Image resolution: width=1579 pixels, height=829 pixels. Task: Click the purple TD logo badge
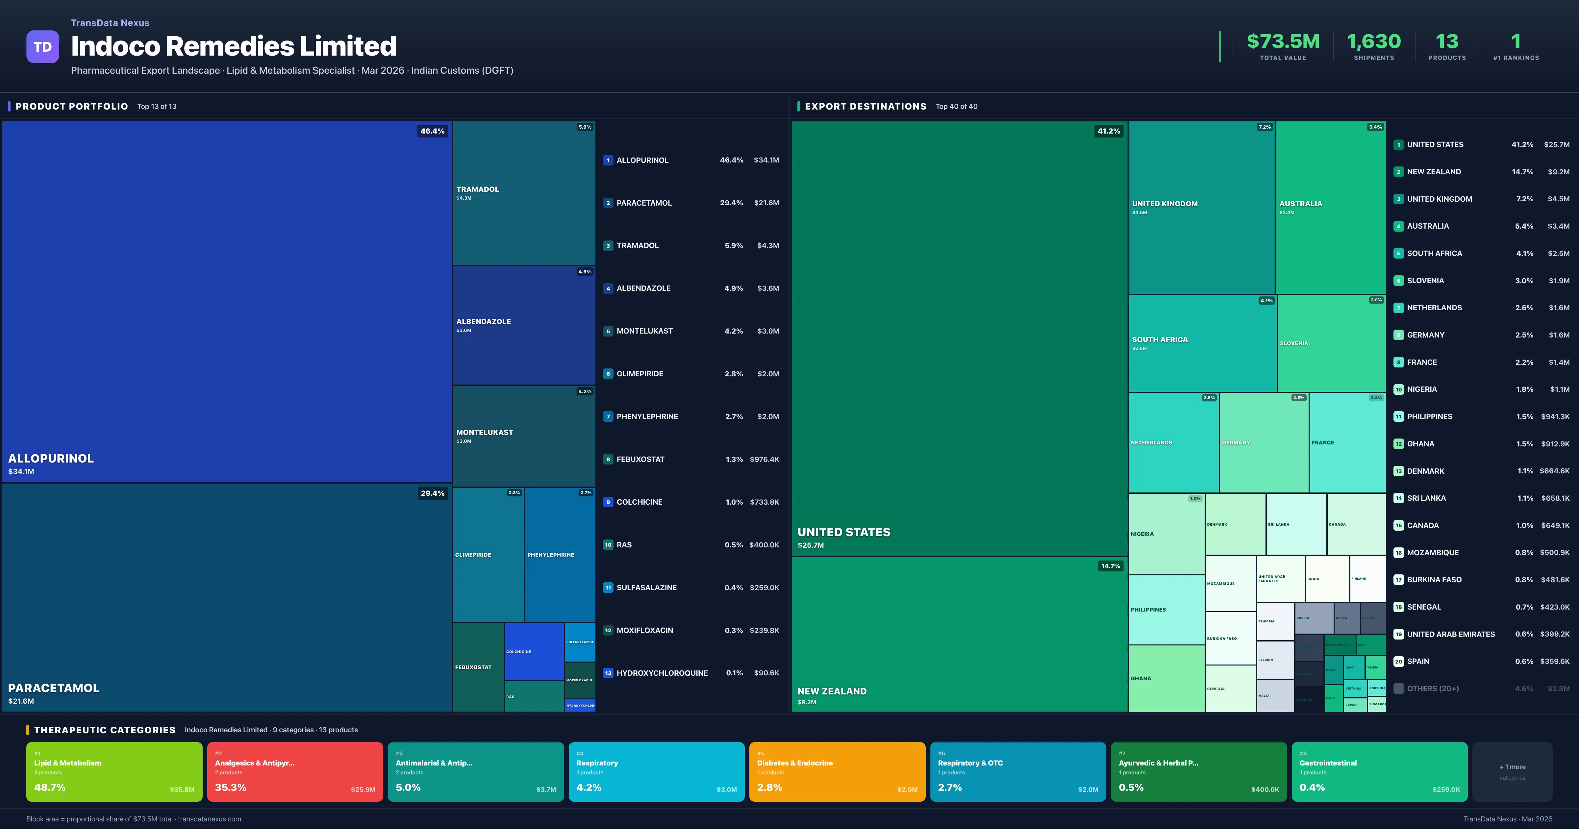coord(42,47)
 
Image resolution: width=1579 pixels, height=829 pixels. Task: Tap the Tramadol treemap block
coord(523,192)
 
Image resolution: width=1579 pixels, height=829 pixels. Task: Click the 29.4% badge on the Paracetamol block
coord(432,493)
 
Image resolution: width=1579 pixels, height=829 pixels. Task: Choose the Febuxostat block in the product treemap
coord(478,667)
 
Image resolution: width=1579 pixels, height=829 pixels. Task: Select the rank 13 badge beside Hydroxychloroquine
coord(608,673)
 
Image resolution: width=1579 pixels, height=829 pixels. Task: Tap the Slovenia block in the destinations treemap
coord(1331,343)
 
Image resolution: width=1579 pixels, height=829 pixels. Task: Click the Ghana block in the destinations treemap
coord(1166,678)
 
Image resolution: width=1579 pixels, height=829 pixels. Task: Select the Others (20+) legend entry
coord(1433,689)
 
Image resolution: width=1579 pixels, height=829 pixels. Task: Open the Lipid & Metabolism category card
coord(114,771)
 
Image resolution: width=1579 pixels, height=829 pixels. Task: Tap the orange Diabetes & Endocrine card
coord(837,771)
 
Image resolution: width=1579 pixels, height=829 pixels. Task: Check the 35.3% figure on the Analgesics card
coord(231,787)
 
